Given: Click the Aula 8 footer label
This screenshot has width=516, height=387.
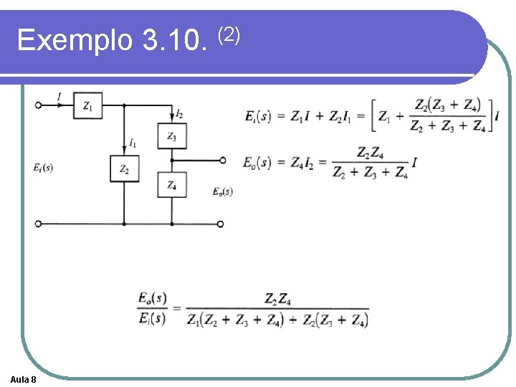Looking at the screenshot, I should pos(24,378).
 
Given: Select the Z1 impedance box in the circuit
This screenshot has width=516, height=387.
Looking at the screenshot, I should pos(87,106).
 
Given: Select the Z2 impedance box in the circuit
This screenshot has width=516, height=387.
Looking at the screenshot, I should pos(125,169).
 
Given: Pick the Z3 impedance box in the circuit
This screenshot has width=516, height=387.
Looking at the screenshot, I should pos(171,136).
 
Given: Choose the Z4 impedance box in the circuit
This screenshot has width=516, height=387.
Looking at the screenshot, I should pos(171,185).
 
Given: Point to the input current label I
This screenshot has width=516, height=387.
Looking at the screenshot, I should pos(59,95).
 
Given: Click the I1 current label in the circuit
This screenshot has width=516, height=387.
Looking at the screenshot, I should pos(133,144).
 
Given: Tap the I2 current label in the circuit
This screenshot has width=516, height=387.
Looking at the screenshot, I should pos(179,114).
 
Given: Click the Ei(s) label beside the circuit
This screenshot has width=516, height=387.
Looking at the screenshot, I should pos(43,168).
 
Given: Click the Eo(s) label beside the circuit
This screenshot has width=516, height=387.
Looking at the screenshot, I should pos(223,191).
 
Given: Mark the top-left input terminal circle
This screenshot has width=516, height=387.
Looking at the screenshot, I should pos(39,105).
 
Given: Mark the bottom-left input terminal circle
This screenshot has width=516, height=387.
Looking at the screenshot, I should pos(39,224).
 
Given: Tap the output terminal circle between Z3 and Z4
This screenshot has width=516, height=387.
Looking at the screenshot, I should pos(222,161).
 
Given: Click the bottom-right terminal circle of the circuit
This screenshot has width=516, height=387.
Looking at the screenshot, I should pos(220,224).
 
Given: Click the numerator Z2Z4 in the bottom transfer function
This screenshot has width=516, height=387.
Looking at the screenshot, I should pos(277,298).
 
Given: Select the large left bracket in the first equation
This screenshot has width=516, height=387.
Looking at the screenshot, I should pos(373,115).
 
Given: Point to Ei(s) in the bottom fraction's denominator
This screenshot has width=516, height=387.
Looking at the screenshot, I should pos(152,318).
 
